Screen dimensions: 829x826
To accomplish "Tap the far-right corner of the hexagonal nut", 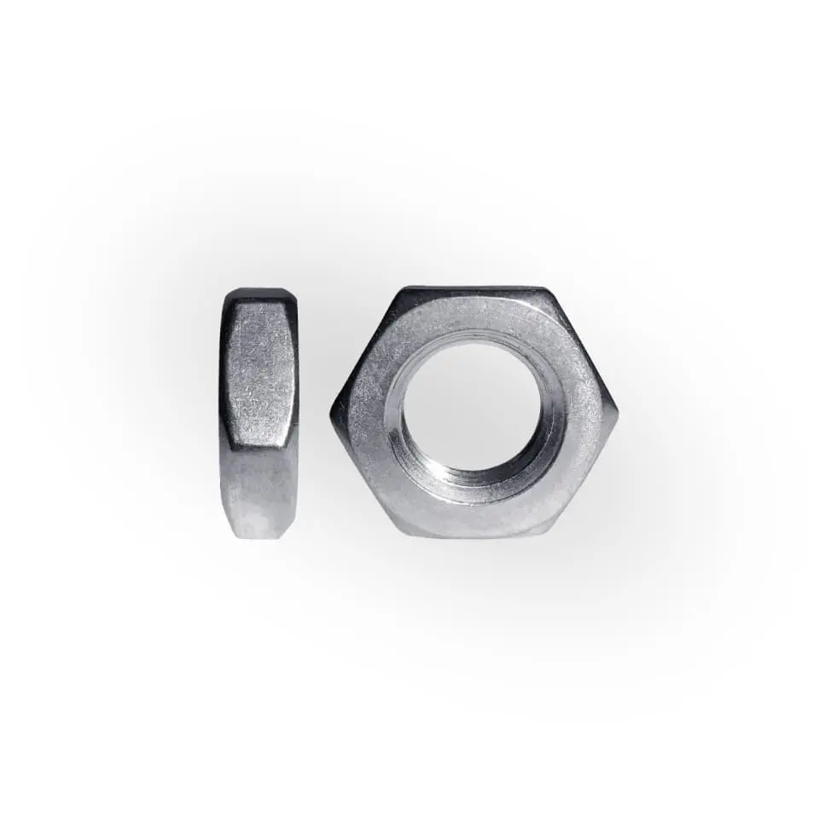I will click(619, 412).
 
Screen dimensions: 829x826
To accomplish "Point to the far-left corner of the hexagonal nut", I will click(331, 412).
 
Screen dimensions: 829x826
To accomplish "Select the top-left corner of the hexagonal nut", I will click(402, 288).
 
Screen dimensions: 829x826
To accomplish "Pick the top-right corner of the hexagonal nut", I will click(546, 288).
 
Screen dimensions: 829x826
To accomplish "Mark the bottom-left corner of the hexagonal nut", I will click(402, 536).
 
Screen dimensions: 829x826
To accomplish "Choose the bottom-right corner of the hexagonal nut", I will click(546, 536).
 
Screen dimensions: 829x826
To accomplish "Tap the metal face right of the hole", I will click(585, 412).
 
